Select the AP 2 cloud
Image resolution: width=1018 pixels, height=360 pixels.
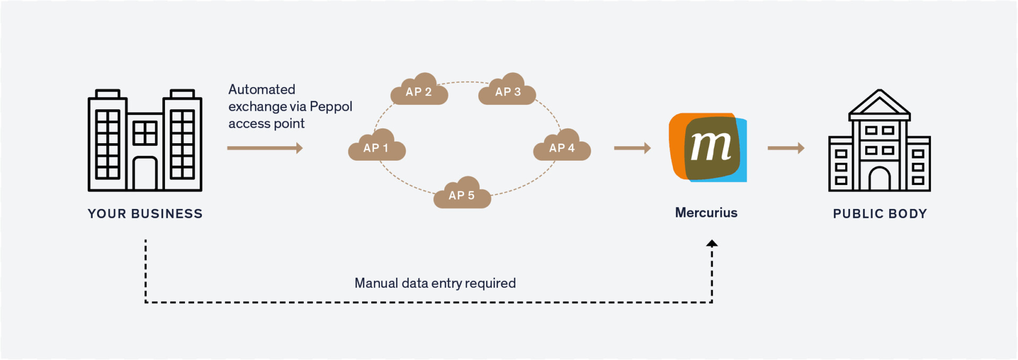(419, 91)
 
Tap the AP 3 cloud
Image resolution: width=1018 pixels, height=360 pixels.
(507, 91)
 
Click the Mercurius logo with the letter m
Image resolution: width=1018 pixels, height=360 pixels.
(708, 147)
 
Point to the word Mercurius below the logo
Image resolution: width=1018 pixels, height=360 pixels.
(706, 213)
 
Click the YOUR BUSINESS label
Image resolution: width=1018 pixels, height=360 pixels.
(145, 214)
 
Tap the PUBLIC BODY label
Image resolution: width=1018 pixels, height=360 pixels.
(880, 214)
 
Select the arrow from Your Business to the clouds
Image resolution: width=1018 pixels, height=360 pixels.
(265, 148)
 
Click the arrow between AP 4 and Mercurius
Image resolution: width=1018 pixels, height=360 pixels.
(632, 148)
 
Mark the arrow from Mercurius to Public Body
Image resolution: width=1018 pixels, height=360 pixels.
(786, 148)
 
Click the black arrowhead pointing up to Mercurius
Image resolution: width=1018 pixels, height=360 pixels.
(712, 243)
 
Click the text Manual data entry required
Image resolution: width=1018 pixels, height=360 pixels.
(435, 283)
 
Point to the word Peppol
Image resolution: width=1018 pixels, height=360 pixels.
(331, 107)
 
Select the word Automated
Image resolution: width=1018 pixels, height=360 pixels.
(261, 90)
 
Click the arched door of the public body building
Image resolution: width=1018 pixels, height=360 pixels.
(880, 179)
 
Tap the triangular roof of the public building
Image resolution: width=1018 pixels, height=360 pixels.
(880, 104)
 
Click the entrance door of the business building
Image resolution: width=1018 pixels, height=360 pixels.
(145, 174)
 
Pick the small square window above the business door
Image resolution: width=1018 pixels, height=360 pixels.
(145, 133)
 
